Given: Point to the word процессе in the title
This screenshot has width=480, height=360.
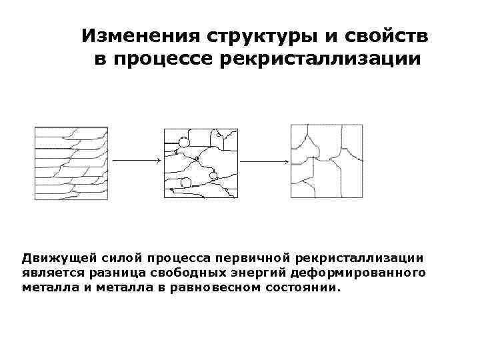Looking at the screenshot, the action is (162, 59).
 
